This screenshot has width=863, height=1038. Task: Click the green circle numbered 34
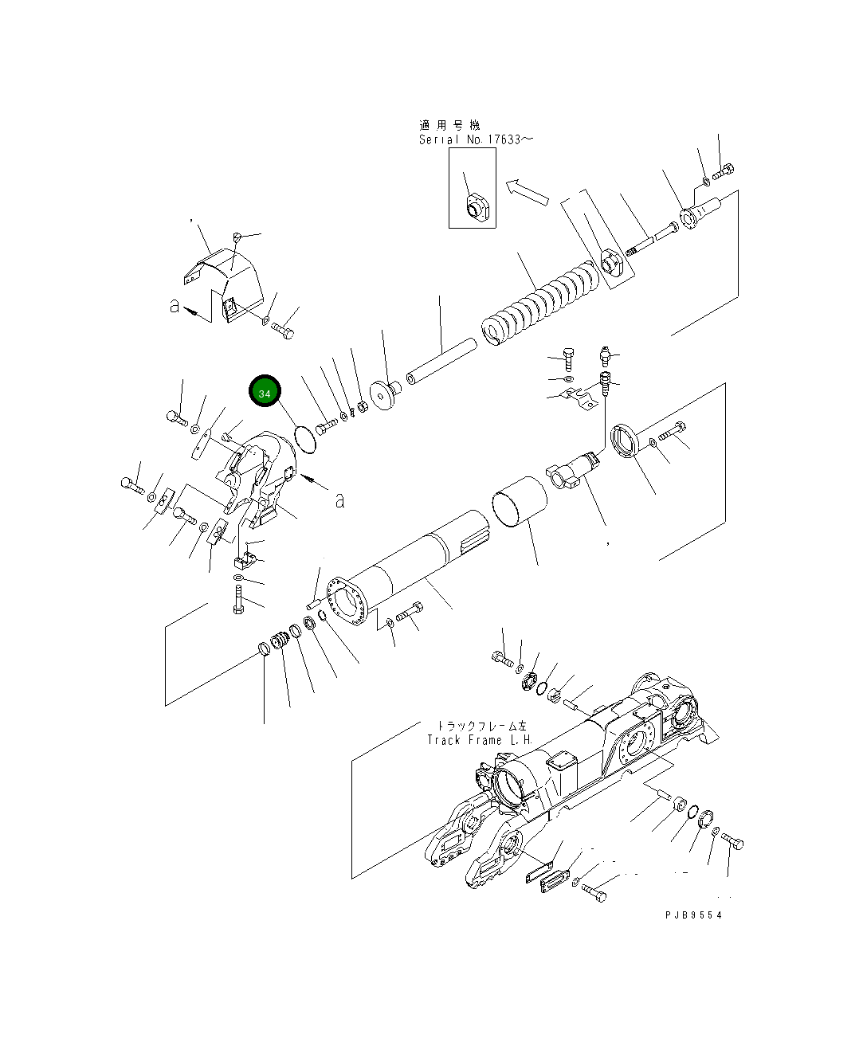265,393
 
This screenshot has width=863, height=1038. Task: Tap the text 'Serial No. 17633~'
476,139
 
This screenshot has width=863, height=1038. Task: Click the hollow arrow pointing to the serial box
527,191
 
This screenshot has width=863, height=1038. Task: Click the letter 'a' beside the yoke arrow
340,500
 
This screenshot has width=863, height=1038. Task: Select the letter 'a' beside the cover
174,306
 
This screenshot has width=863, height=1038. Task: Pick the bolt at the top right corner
724,170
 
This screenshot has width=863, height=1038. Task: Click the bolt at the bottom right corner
732,842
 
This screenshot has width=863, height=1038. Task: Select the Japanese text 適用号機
449,125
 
